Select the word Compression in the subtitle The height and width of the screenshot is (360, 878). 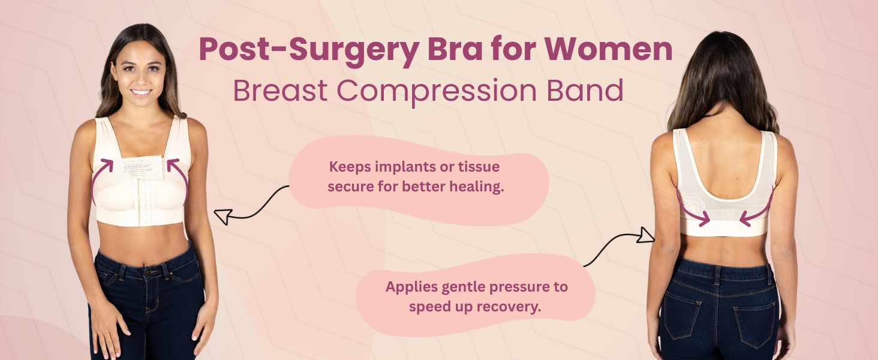click(436, 92)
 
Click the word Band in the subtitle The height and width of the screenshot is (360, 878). click(585, 90)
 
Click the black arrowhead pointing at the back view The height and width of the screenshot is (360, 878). click(645, 235)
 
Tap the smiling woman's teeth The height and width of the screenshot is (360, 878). click(141, 92)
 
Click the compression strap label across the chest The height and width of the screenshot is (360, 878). click(142, 168)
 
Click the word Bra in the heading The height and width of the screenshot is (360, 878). click(455, 49)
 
